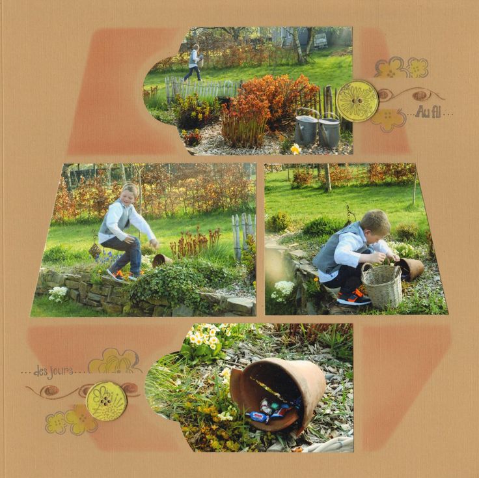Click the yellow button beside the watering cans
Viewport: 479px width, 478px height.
point(357,101)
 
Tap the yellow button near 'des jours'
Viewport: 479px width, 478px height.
point(106,401)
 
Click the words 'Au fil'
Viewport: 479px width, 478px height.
point(428,113)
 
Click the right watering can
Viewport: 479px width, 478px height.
point(329,130)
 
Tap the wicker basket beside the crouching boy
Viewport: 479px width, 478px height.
point(382,285)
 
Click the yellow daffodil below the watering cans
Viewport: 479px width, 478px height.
point(295,149)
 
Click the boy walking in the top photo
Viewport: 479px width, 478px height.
point(194,63)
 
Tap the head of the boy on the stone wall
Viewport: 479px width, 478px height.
point(130,193)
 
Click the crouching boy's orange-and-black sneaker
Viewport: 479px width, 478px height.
point(353,298)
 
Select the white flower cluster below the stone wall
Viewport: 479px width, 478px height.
point(58,294)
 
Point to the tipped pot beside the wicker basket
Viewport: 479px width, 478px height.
point(410,269)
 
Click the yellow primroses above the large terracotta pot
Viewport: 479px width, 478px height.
point(205,335)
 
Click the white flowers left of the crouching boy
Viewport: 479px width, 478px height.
point(283,291)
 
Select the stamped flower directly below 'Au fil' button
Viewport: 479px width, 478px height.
point(388,120)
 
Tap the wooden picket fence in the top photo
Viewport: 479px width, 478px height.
point(202,88)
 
